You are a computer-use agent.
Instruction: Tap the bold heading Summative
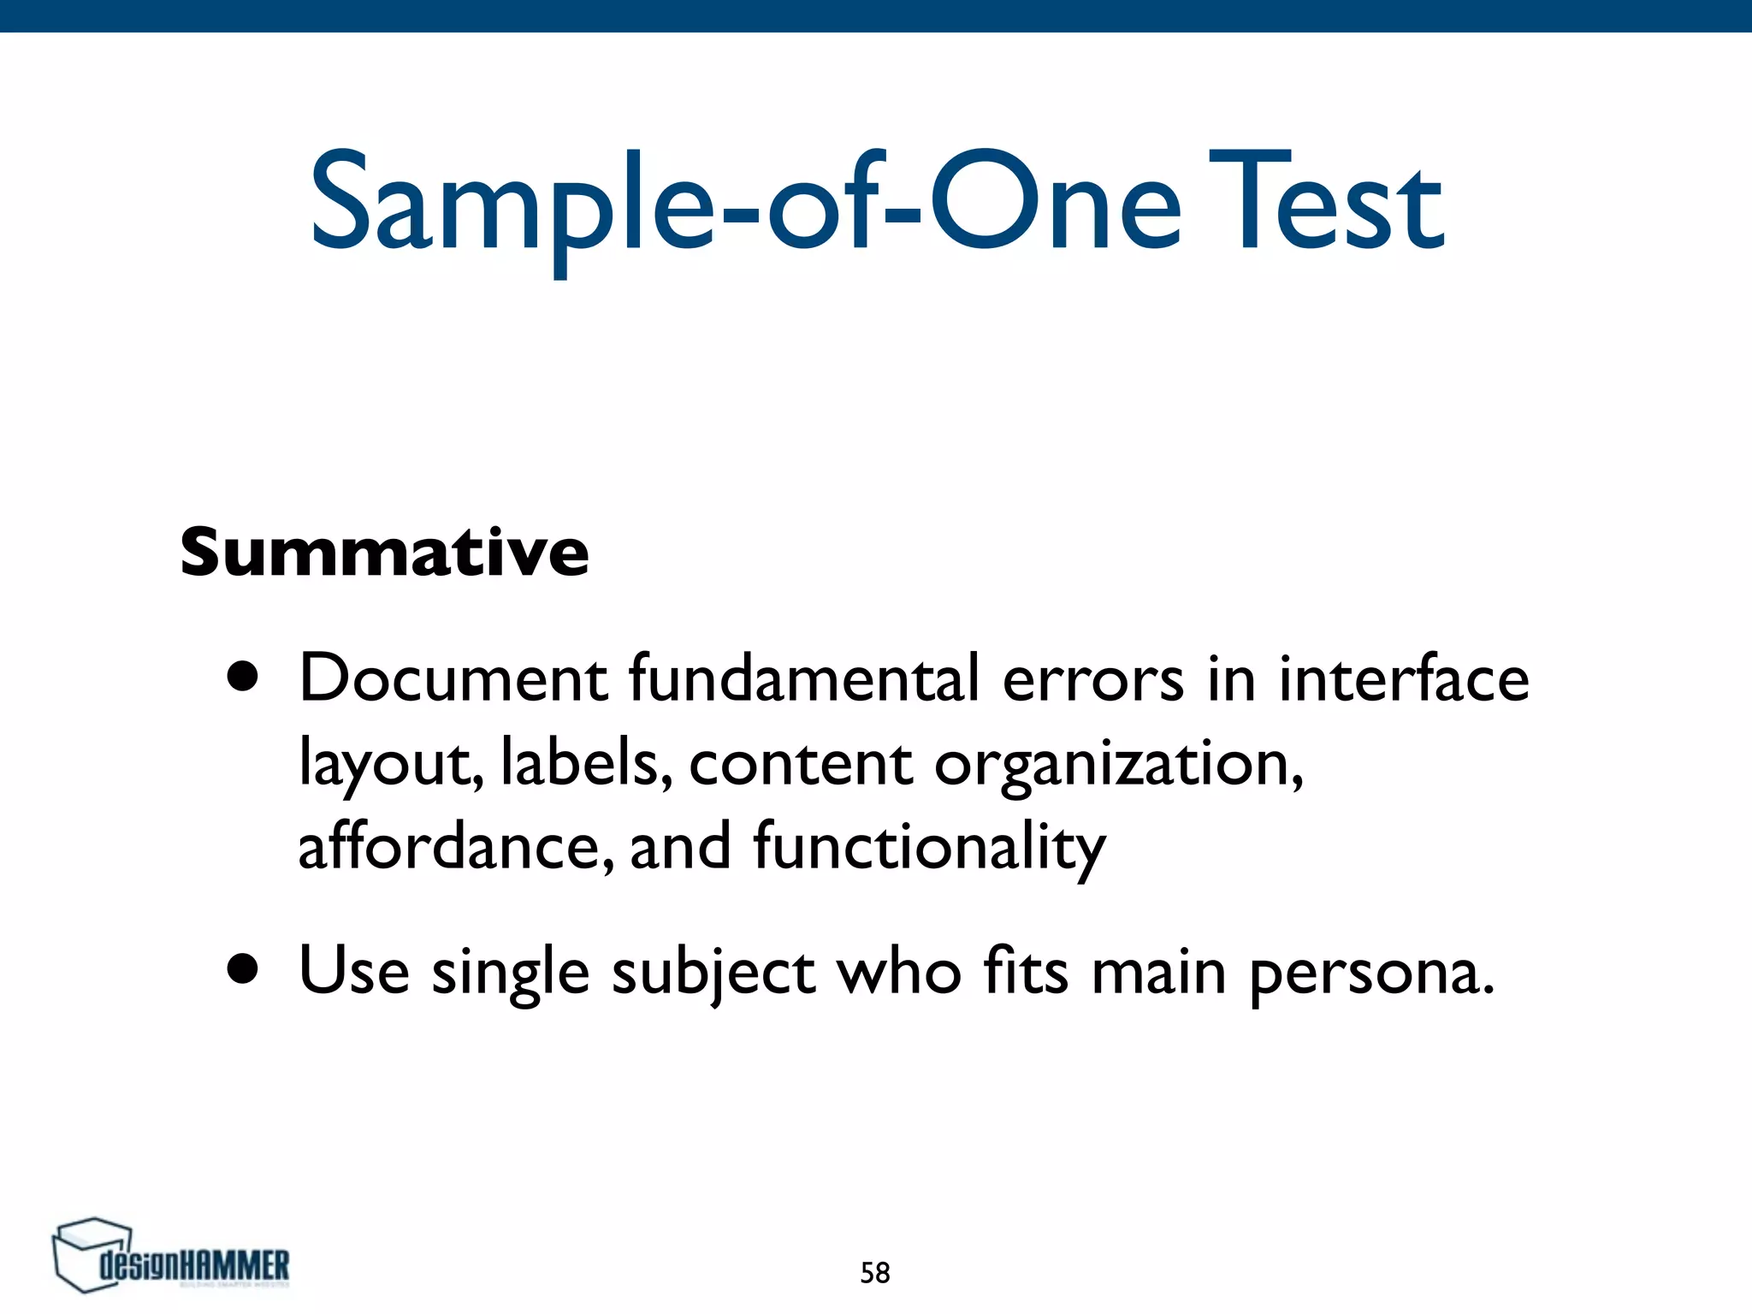tap(384, 552)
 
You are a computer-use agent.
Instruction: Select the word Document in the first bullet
tap(453, 678)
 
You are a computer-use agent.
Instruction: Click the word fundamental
tap(804, 678)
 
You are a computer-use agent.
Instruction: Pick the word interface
tap(1403, 678)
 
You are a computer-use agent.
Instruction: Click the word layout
tap(390, 764)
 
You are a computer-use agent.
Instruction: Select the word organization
tap(1117, 764)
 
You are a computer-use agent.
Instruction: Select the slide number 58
tap(874, 1273)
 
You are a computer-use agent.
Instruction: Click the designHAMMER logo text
tap(195, 1265)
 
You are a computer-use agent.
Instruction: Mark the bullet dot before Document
tap(243, 678)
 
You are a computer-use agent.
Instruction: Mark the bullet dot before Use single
tap(243, 971)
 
